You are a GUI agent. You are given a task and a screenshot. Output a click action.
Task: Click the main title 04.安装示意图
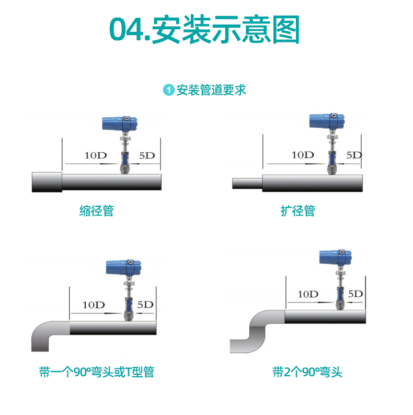204,29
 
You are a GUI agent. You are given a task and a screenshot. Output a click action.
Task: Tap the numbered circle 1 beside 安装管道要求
169,90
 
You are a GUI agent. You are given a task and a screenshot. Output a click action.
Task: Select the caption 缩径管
97,211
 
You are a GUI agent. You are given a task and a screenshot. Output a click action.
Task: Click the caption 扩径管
298,211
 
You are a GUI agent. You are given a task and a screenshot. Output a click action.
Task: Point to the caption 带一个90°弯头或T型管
97,372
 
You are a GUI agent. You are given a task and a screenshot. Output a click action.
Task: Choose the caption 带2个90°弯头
307,372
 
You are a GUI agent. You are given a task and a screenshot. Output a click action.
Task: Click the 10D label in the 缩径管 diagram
96,155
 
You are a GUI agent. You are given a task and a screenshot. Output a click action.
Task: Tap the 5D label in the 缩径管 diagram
147,155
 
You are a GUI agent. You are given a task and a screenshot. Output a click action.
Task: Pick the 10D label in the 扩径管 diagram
303,155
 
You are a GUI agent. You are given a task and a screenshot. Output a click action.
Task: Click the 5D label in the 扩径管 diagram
354,155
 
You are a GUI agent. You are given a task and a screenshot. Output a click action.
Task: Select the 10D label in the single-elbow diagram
94,305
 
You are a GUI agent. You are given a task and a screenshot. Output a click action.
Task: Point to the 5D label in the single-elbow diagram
145,305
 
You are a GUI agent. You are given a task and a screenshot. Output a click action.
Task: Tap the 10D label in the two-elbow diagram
308,294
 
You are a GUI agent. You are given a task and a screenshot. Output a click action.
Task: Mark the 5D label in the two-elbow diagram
355,294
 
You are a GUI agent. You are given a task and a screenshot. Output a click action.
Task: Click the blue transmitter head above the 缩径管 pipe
120,124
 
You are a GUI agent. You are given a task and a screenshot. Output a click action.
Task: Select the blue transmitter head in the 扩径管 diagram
327,121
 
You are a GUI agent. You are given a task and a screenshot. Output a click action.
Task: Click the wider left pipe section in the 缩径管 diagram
47,182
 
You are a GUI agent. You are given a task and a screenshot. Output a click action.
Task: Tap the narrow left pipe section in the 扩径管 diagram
247,183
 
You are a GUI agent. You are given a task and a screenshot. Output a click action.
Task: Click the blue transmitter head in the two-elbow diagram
336,257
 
